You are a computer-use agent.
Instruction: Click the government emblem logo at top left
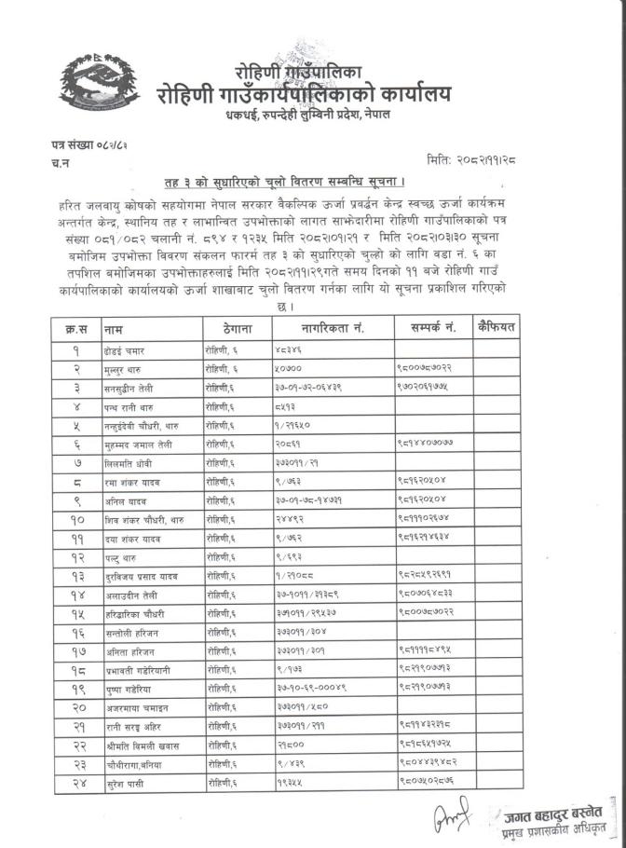click(x=92, y=83)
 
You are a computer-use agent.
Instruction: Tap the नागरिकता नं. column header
click(x=333, y=329)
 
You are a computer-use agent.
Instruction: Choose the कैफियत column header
click(x=496, y=328)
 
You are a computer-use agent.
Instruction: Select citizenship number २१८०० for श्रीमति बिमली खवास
click(x=290, y=745)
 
